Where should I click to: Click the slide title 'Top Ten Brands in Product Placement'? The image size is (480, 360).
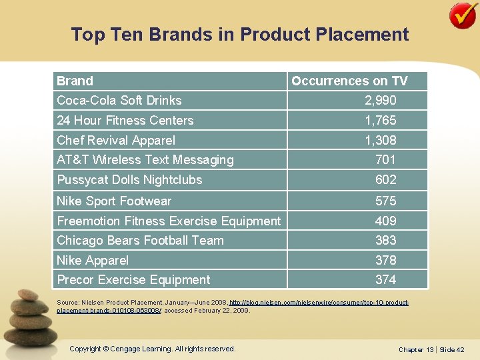tap(240, 34)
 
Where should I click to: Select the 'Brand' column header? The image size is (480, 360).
tap(75, 81)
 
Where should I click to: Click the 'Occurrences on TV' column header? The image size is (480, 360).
tap(349, 81)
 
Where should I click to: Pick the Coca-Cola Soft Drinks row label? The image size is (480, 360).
tap(119, 100)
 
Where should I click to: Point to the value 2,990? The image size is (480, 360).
tap(380, 100)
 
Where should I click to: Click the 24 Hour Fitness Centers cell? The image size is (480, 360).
tap(125, 120)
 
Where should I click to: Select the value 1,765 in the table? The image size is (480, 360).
tap(380, 120)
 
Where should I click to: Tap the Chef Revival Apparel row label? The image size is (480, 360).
tap(115, 140)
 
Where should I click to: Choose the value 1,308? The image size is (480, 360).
tap(380, 140)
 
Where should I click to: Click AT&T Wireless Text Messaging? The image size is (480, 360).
tap(145, 159)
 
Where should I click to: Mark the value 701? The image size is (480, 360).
tap(385, 159)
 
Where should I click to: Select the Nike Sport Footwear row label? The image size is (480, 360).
tap(113, 201)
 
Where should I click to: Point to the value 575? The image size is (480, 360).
tap(385, 201)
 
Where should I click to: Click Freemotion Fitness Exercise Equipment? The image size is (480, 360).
tap(169, 221)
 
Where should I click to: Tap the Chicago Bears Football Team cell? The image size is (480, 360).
tap(140, 240)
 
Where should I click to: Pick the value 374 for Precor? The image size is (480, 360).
tap(385, 279)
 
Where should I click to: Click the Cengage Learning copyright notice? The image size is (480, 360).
tap(153, 349)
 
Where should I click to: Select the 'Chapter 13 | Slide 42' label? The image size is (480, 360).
tap(431, 349)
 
